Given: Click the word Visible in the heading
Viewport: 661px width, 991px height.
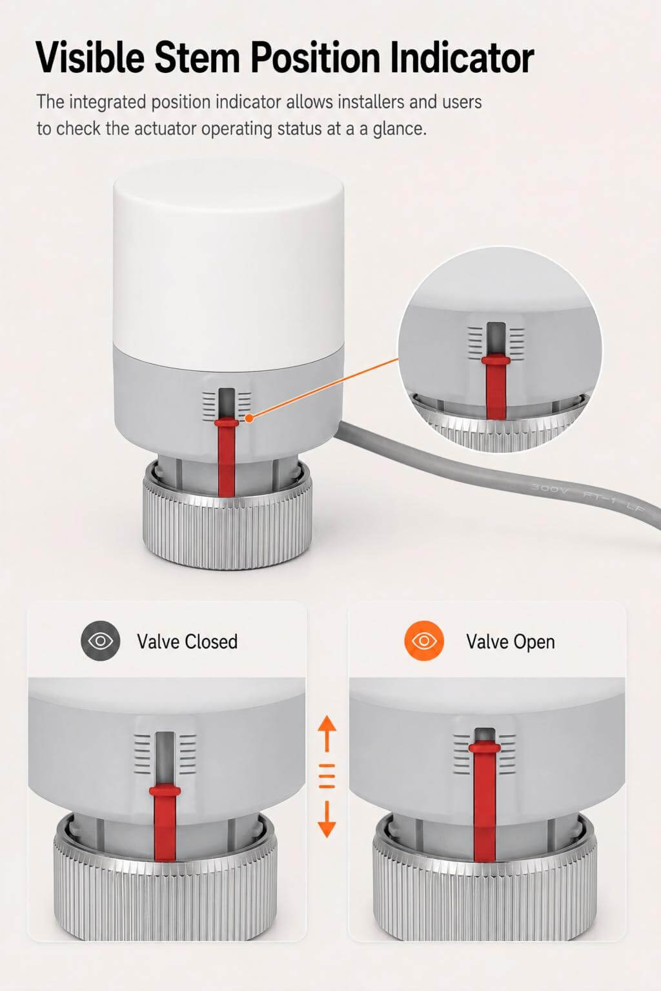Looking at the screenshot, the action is (x=90, y=57).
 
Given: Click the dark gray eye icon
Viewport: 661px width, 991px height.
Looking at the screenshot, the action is (x=101, y=641).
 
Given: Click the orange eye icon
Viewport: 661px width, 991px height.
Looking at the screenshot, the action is (x=424, y=641).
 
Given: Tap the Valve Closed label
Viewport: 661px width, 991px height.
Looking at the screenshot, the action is (x=187, y=641).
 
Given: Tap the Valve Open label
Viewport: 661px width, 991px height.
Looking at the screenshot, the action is (x=511, y=642).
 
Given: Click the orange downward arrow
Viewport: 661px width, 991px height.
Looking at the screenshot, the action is (x=327, y=819).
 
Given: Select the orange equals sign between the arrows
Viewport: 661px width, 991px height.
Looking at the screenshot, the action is (x=327, y=776).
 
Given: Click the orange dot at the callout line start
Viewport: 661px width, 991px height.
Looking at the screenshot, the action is (x=250, y=418).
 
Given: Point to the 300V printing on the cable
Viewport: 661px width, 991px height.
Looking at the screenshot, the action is (x=549, y=488).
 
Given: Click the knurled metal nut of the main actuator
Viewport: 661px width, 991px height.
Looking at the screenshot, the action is (x=227, y=522).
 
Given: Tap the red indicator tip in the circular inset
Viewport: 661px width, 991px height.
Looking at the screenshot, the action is (x=496, y=361).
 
